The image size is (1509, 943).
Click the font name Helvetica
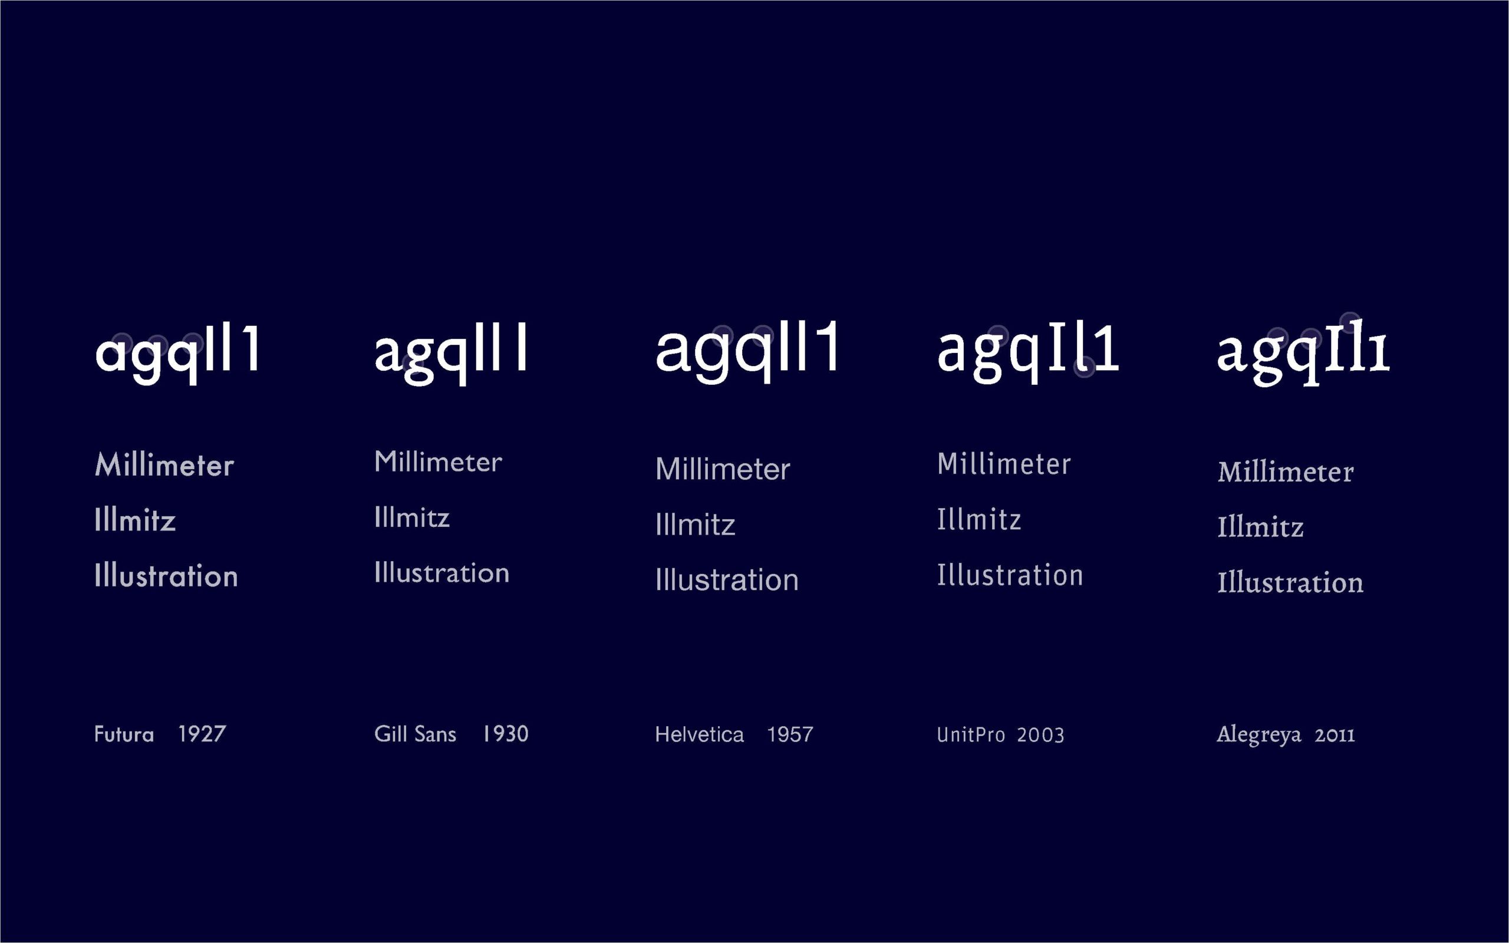click(700, 735)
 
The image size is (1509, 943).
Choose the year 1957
click(790, 735)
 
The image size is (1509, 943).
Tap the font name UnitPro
click(971, 735)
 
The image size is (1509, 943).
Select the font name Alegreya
click(1259, 736)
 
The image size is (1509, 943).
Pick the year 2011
click(1335, 736)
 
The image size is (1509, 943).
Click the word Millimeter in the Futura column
click(164, 465)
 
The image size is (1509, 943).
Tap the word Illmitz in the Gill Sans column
click(412, 517)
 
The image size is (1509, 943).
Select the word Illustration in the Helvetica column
click(727, 579)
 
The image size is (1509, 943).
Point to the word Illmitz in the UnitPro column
click(979, 519)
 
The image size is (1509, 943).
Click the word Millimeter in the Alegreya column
click(1286, 471)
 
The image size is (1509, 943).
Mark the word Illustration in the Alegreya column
click(1291, 582)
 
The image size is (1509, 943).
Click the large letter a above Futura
click(110, 354)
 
